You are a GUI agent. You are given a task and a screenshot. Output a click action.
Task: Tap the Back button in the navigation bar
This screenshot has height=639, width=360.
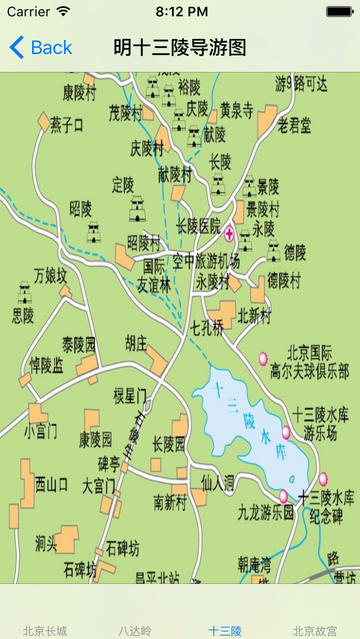click(x=41, y=48)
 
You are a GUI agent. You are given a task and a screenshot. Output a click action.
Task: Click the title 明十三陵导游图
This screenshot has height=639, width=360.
click(x=180, y=48)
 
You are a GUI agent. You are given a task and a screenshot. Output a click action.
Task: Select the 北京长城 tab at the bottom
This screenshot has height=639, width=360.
click(x=45, y=631)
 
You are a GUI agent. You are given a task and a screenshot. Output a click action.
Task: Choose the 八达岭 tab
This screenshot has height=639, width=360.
click(x=135, y=631)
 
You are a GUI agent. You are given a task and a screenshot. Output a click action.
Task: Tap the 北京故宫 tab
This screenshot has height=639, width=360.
click(x=315, y=631)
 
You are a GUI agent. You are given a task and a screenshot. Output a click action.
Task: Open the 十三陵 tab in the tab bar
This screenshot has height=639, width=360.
click(x=225, y=631)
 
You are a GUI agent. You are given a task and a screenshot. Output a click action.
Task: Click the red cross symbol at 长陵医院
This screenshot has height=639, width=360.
click(x=229, y=234)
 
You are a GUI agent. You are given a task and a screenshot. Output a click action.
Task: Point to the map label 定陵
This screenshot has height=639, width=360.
click(x=123, y=184)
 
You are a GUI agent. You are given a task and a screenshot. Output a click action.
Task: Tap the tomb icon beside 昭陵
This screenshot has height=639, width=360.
click(x=94, y=232)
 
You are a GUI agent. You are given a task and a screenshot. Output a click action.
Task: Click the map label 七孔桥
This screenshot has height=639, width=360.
click(x=207, y=328)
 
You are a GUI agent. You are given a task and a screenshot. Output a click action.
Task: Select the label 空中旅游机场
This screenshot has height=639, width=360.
click(x=206, y=261)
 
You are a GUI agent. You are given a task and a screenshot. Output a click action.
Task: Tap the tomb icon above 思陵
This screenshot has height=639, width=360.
click(x=25, y=292)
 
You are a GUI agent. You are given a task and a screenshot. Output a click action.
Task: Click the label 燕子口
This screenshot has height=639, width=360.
click(x=67, y=125)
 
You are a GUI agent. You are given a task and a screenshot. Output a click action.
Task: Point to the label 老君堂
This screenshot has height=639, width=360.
click(x=294, y=125)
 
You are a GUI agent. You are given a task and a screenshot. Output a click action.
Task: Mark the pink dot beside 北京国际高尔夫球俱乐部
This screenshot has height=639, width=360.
click(x=263, y=358)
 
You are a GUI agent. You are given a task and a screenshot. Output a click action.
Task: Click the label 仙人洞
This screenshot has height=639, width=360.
click(x=218, y=483)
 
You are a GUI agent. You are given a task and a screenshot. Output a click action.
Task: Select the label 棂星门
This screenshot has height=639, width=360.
click(x=129, y=395)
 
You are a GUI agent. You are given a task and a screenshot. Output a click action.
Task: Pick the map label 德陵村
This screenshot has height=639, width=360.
click(x=284, y=280)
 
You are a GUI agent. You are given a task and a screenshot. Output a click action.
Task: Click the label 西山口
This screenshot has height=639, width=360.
click(x=52, y=484)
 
